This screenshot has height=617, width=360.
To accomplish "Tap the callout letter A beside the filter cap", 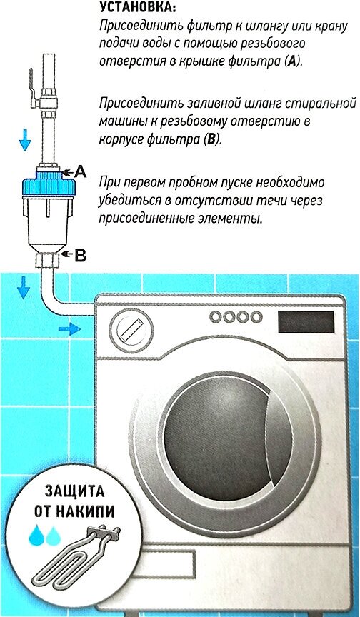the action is click(x=80, y=171).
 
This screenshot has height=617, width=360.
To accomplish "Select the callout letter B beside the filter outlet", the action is click(x=80, y=256).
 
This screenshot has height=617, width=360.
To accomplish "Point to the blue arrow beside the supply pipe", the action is click(x=25, y=140).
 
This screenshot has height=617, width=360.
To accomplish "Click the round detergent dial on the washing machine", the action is click(x=129, y=327).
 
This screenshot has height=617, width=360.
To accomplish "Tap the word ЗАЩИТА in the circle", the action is click(x=74, y=491).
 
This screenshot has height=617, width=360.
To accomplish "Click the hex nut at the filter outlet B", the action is click(x=48, y=260).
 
